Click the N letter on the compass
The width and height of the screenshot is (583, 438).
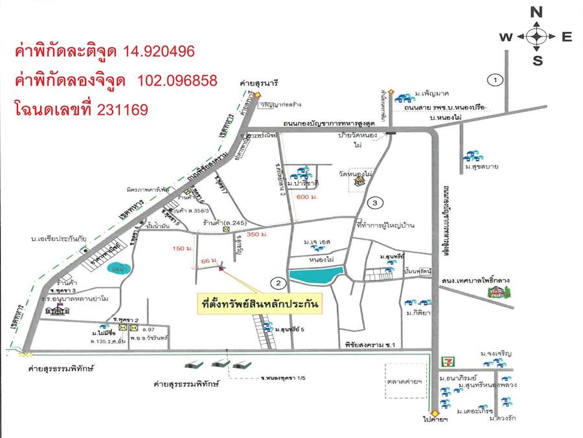coord(536,12)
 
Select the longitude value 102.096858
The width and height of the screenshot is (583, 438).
coord(177,80)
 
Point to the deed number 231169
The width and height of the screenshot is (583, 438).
coord(123,109)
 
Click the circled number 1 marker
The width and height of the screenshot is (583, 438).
coord(496,80)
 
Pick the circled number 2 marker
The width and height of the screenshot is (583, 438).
coord(277,283)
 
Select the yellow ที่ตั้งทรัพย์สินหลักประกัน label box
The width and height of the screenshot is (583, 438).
coord(261,303)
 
